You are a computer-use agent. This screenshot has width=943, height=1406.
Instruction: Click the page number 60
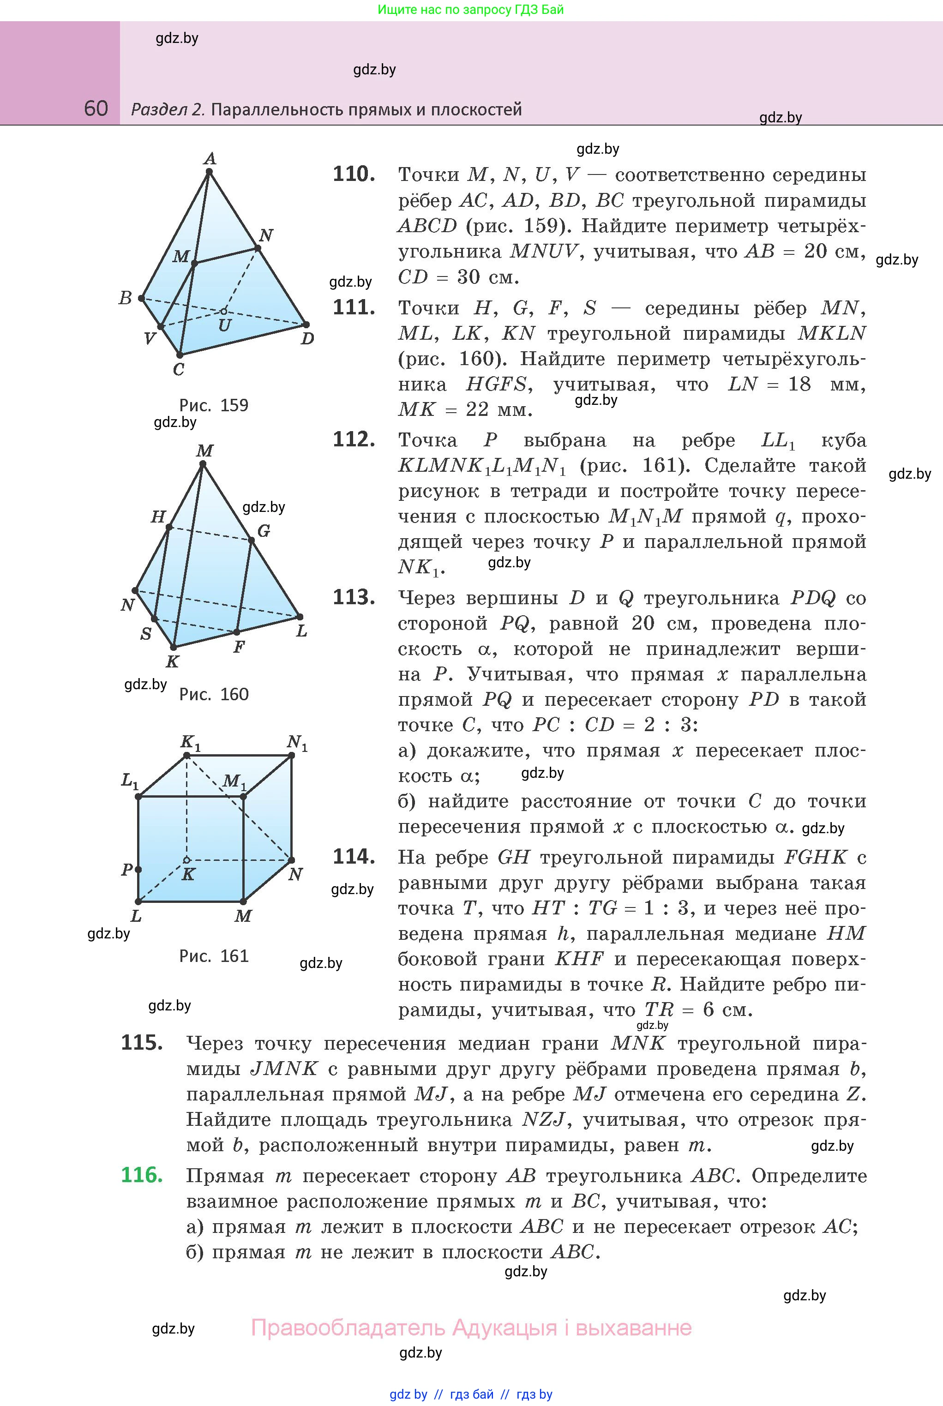tap(96, 108)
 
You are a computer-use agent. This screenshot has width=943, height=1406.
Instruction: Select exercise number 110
tap(354, 174)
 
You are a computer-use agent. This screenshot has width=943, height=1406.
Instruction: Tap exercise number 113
tap(354, 597)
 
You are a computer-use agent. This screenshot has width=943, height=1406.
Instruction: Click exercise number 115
tap(142, 1042)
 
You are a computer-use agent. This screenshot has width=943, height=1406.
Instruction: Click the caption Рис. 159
tap(214, 405)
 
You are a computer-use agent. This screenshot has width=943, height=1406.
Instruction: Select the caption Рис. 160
tap(214, 695)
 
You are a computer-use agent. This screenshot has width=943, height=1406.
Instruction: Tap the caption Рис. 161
tap(214, 956)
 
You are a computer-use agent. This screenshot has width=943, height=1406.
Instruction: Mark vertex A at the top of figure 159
tap(209, 171)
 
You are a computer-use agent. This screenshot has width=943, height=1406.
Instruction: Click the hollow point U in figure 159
tap(224, 312)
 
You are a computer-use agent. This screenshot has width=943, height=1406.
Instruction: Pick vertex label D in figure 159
tap(307, 338)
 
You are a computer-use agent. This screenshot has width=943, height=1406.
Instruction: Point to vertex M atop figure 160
tap(204, 463)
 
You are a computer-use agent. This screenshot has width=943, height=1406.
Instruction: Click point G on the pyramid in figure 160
tap(252, 540)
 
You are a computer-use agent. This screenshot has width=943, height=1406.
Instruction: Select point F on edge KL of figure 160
tap(237, 632)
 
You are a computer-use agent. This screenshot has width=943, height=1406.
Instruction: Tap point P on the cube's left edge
tap(138, 870)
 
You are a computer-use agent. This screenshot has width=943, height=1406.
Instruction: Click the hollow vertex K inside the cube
tap(187, 860)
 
